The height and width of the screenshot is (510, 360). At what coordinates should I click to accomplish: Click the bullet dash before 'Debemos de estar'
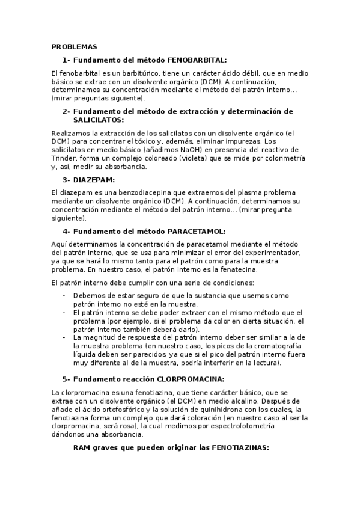tap(64, 295)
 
